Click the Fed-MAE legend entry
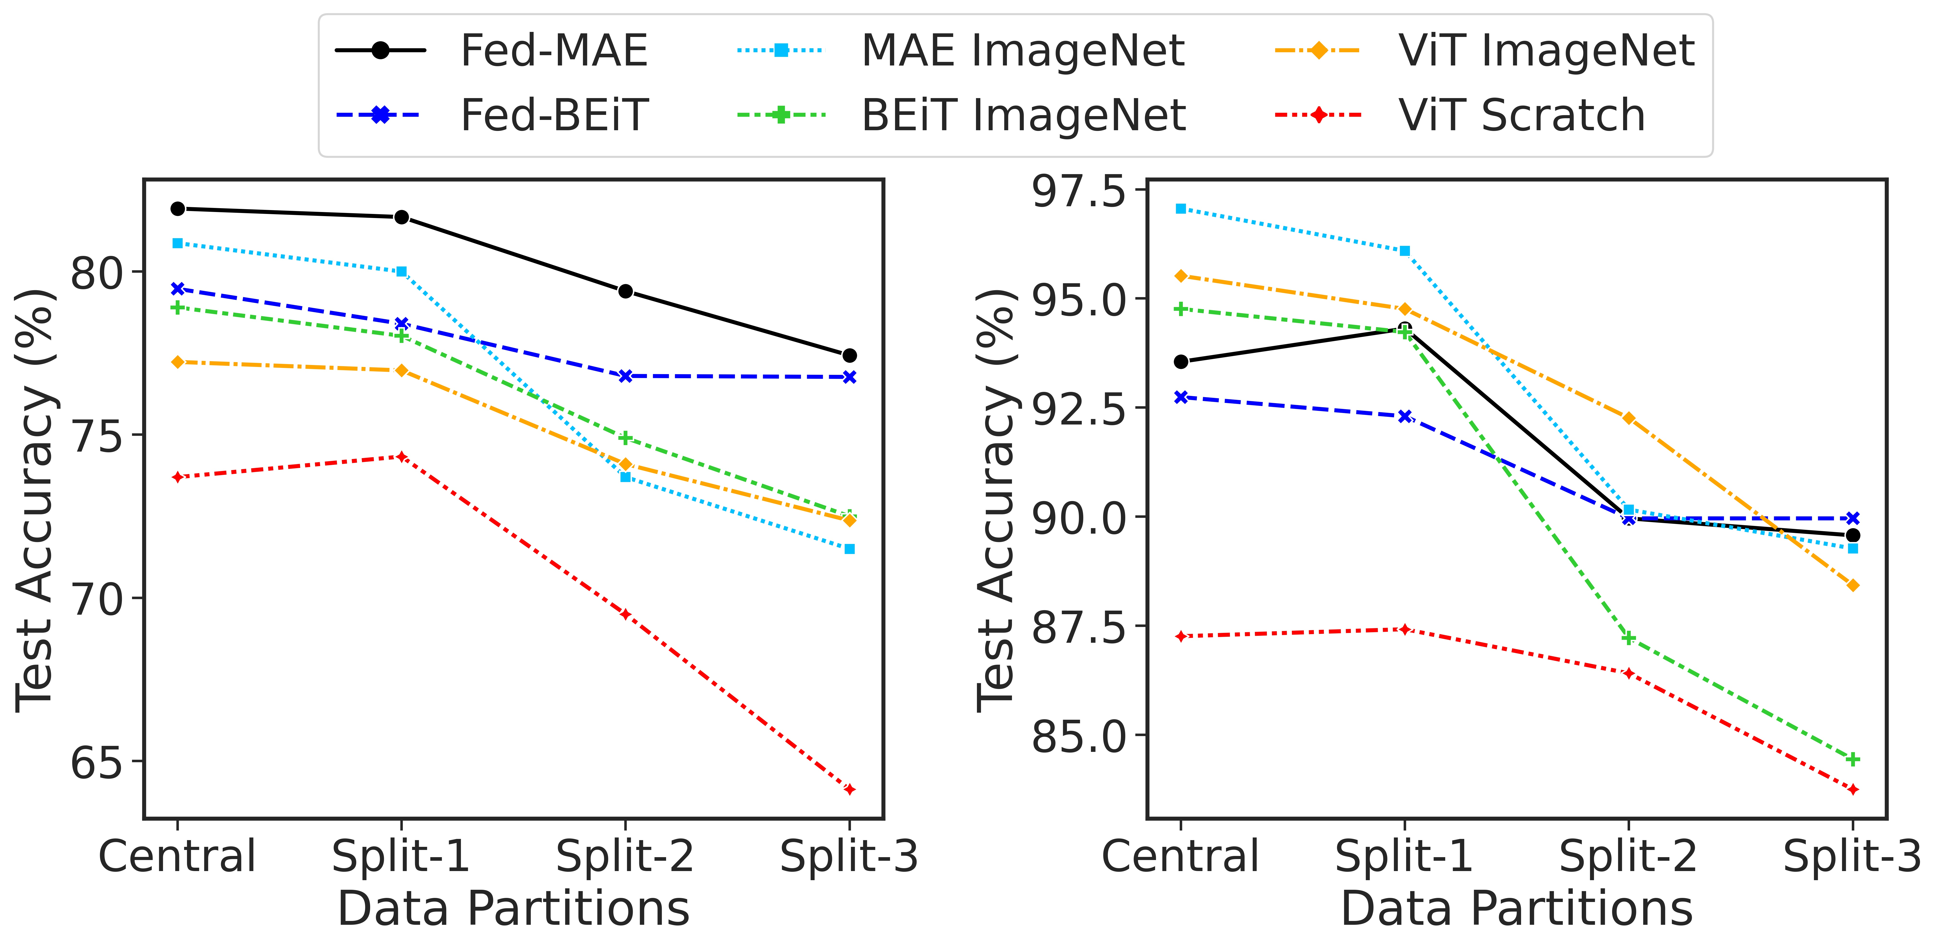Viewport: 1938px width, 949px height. pos(553,51)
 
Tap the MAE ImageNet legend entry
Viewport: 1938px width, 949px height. pos(1022,51)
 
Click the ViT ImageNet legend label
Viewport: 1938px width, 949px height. pos(1546,51)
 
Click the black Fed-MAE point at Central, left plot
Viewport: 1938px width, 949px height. pos(178,208)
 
